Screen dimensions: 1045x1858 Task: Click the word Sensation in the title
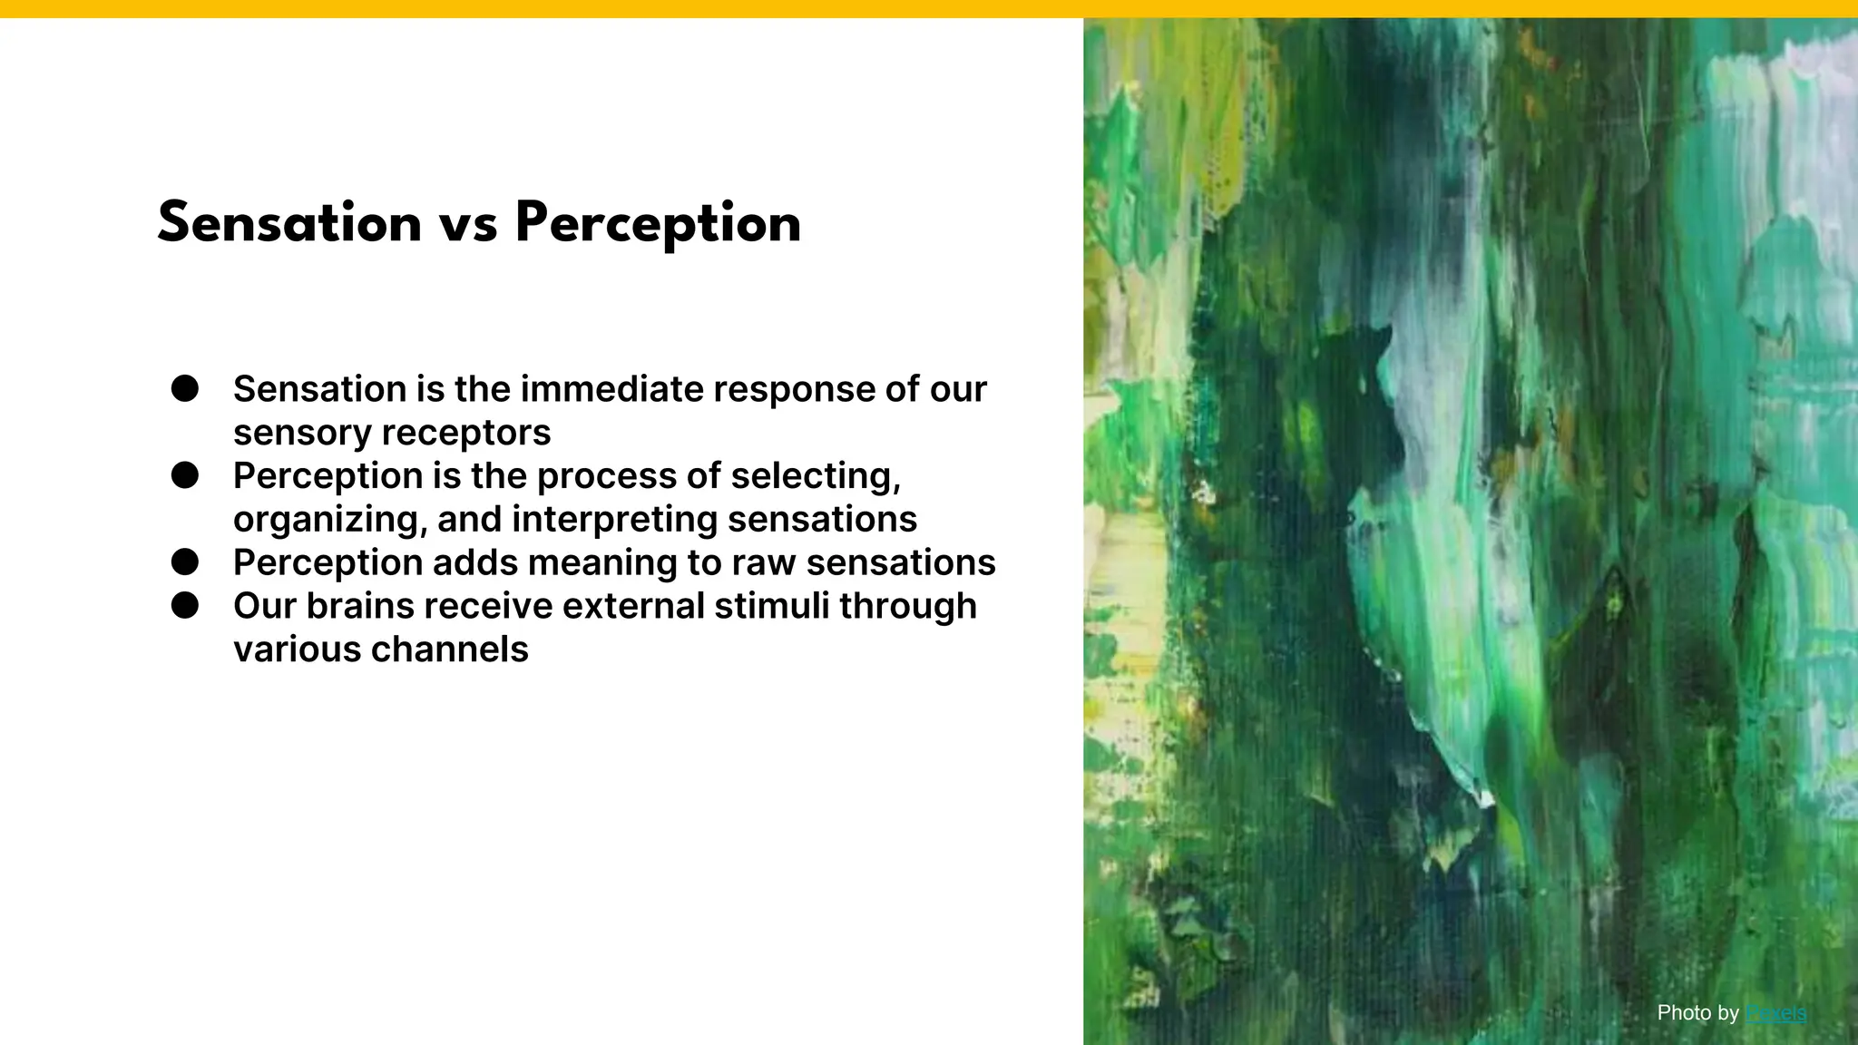[289, 223]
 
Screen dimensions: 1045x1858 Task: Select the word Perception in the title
[658, 225]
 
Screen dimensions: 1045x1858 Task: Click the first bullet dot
[185, 388]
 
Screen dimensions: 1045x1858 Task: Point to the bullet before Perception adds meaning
[185, 562]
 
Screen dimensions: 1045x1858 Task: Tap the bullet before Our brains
[185, 605]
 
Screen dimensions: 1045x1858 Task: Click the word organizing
[329, 520]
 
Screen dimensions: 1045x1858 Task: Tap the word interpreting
[614, 520]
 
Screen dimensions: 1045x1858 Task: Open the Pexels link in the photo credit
[1775, 1013]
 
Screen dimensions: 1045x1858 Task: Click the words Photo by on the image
[1697, 1013]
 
